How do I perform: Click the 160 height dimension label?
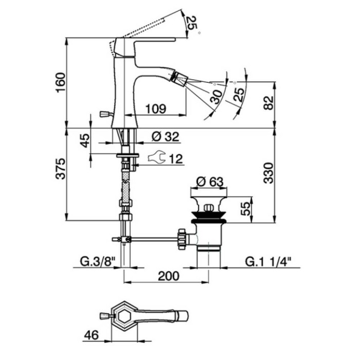pyautogui.click(x=61, y=82)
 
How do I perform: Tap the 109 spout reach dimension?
pyautogui.click(x=155, y=109)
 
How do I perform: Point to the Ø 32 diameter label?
pyautogui.click(x=165, y=137)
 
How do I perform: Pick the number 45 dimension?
pyautogui.click(x=85, y=140)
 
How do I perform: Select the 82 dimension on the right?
pyautogui.click(x=267, y=103)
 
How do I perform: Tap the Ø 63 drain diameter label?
pyautogui.click(x=210, y=182)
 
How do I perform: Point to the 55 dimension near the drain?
pyautogui.click(x=246, y=209)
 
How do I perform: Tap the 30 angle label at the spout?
pyautogui.click(x=216, y=96)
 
